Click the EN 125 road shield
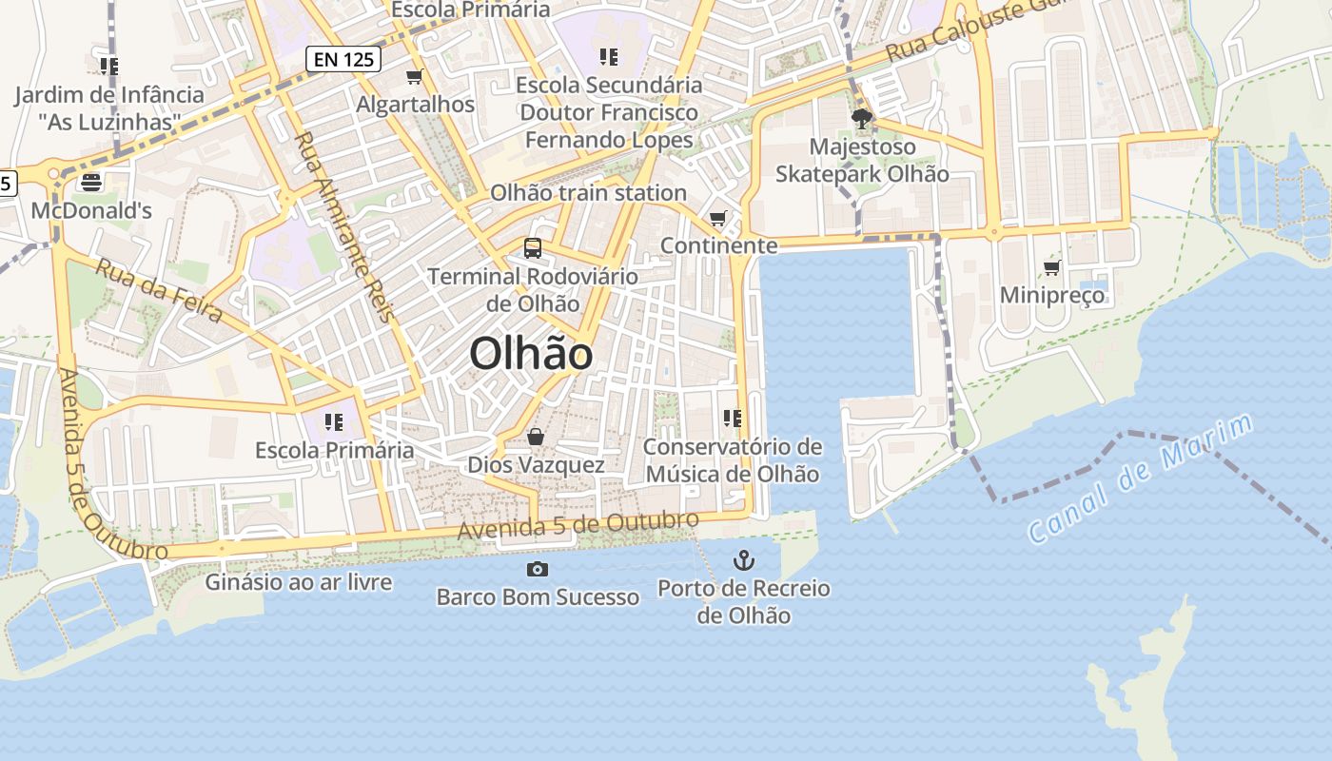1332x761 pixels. pos(343,59)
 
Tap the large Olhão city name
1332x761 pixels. pos(531,354)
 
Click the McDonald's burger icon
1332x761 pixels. pos(91,182)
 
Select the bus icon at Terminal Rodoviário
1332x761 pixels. pos(533,248)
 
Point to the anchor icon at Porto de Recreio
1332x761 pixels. pos(743,560)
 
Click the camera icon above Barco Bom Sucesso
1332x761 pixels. pos(538,569)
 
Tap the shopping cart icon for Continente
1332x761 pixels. pos(718,219)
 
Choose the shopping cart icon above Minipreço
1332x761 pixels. pos(1051,267)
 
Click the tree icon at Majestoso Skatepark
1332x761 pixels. pos(862,119)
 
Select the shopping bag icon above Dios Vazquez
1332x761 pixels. pos(536,437)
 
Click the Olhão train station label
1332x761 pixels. pos(588,193)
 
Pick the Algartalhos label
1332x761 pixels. pos(415,104)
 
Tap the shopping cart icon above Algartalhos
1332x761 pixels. pos(414,76)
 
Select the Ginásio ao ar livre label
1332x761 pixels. pos(298,581)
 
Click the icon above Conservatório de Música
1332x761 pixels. pos(732,418)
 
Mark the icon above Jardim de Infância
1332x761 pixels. pos(109,66)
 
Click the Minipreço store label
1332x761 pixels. pos(1052,295)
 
